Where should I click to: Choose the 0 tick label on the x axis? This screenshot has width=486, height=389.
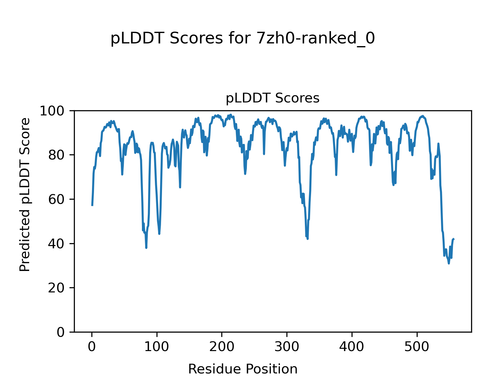tap(92, 347)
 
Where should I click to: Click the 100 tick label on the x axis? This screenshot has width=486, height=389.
tap(157, 347)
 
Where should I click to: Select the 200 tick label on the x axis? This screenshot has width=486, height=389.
tap(222, 347)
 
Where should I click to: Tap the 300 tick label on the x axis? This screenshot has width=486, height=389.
tap(287, 347)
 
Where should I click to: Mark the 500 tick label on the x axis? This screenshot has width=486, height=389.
tap(417, 347)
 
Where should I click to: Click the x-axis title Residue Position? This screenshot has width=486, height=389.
tap(243, 369)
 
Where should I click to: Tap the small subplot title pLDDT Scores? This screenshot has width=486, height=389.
tap(272, 98)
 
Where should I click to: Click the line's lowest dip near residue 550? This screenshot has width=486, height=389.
tap(449, 263)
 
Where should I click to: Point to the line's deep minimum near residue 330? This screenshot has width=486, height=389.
tap(307, 239)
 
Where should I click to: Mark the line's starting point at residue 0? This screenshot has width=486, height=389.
tap(92, 205)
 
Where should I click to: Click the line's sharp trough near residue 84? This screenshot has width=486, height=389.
tap(146, 248)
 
